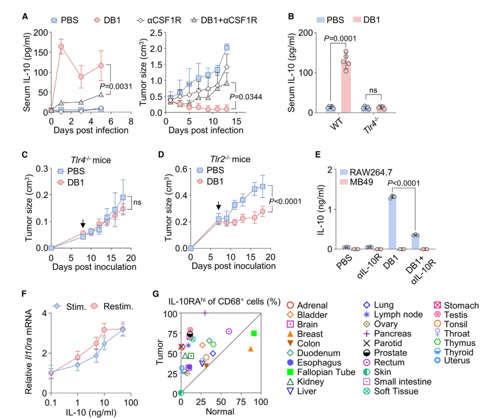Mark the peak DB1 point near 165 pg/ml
pyautogui.click(x=61, y=46)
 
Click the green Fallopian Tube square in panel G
pyautogui.click(x=254, y=333)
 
